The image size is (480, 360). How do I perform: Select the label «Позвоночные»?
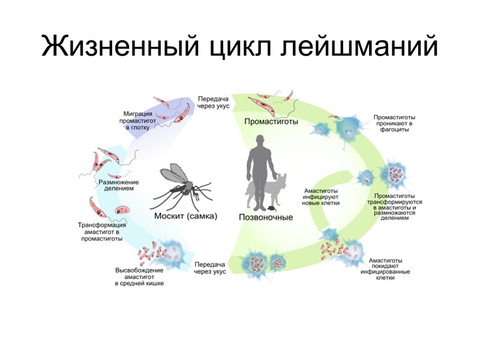(266, 217)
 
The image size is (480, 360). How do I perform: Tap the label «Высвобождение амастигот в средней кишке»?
(139, 277)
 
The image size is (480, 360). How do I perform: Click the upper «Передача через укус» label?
(211, 102)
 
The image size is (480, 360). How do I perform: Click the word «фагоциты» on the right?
(396, 130)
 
